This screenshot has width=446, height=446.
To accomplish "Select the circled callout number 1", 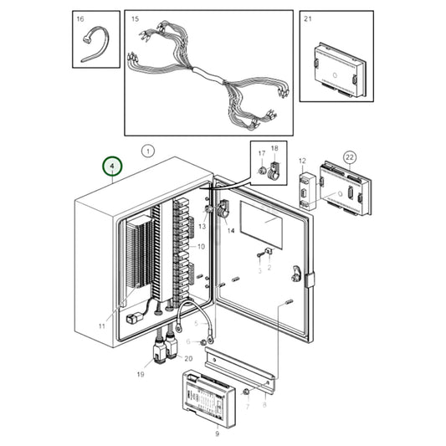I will click(x=147, y=151).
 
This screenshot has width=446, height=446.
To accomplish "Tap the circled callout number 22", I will click(x=350, y=157).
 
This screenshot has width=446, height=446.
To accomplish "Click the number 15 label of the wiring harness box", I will click(x=135, y=18).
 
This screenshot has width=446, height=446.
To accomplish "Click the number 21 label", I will click(x=308, y=18).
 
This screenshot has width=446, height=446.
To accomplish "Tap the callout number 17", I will click(x=260, y=154).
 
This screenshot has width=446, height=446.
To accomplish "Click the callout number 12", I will click(x=302, y=160).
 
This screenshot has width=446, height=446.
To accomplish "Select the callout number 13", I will click(x=202, y=227).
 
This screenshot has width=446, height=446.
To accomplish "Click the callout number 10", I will click(x=200, y=247).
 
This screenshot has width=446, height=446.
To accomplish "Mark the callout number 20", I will click(x=188, y=358).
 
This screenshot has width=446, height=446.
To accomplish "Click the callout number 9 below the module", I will click(x=217, y=433).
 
